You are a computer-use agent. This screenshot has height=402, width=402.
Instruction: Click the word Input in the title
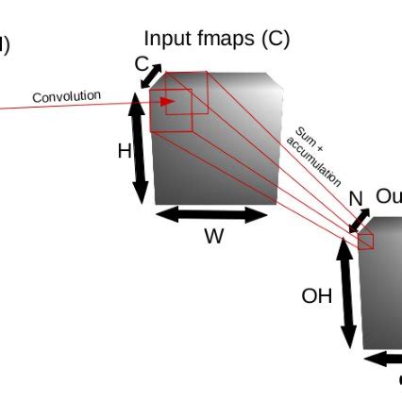164,40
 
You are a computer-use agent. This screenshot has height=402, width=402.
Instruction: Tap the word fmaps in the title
218,40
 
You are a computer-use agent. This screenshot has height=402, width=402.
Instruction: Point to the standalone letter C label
142,64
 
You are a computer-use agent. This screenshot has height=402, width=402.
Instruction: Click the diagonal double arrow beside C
151,76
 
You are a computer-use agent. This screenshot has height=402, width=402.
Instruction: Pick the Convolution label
66,96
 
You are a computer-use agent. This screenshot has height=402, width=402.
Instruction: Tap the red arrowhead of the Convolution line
167,102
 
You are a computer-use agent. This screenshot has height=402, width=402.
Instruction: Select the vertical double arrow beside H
140,148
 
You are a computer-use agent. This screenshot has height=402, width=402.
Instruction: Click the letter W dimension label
213,237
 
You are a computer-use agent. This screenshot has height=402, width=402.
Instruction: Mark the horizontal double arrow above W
212,215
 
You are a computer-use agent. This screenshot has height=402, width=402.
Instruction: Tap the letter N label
356,199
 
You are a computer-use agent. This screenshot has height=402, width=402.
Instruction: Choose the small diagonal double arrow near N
360,221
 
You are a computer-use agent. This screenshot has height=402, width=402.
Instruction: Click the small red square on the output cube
366,241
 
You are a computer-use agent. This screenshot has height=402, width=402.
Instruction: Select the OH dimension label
317,296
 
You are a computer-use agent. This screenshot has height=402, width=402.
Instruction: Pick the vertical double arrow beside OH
347,293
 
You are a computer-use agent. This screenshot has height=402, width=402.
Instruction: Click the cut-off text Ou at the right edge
388,196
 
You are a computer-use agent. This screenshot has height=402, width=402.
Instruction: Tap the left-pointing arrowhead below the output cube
371,359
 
